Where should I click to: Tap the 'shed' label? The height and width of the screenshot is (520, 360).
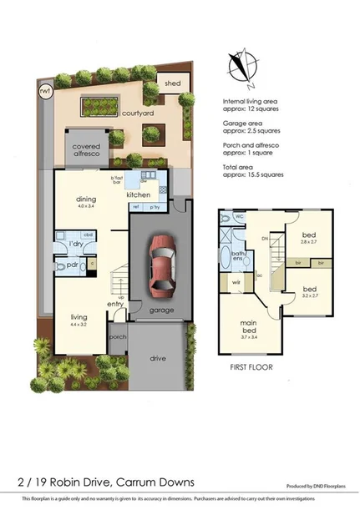(172, 83)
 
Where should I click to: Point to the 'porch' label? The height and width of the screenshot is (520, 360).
(118, 338)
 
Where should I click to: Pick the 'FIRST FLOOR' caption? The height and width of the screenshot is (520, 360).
(251, 366)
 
